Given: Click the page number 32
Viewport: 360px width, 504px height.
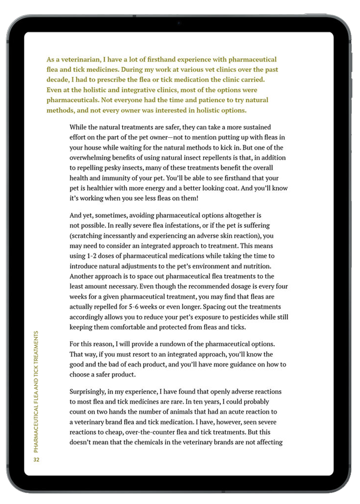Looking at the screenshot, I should tap(36, 460).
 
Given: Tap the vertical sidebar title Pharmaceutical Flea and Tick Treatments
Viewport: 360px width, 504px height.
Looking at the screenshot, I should tap(36, 391).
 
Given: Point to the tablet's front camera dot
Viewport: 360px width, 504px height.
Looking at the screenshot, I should tap(179, 23).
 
